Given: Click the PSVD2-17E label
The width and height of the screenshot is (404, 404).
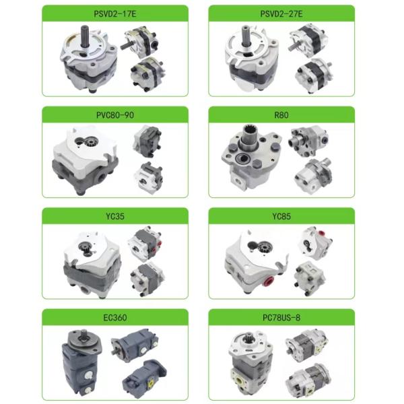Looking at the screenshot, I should pos(115,12).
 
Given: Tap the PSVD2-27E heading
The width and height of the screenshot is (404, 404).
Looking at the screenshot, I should pos(281,12).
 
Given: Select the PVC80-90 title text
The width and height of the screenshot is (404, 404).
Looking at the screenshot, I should pos(115,114).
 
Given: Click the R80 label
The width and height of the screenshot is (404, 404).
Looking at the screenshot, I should pos(281,114).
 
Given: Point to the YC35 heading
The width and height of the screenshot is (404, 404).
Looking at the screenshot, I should pos(115,216).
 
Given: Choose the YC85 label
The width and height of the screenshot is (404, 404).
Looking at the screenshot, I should pos(281,216).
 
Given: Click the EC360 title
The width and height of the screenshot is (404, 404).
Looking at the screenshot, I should pos(115,317).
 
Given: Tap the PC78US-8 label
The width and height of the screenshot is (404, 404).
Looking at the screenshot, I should pos(281,317).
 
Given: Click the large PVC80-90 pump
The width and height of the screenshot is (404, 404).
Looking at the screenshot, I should pos(84,162).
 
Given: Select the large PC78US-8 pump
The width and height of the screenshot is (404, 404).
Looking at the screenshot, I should pos(249,364).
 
